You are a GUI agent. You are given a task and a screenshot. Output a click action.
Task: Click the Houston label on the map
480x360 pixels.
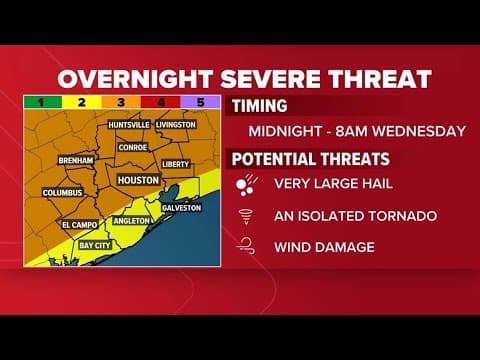138,180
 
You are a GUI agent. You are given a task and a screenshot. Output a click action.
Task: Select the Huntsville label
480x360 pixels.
125,125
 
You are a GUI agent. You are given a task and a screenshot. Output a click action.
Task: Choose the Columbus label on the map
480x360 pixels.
63,192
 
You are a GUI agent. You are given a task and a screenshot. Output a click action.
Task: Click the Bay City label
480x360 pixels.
95,244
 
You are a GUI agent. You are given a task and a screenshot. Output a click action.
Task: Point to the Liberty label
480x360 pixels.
175,163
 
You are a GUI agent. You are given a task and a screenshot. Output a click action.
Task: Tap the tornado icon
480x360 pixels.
245,215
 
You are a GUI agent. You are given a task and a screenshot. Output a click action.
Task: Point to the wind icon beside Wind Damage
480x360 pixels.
245,245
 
